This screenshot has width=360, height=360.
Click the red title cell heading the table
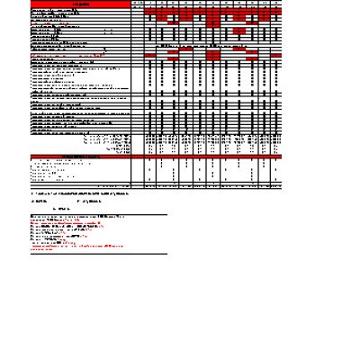(81, 4)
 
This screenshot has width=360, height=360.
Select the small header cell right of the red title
(137, 4)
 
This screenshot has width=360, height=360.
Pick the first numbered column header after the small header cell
(150, 4)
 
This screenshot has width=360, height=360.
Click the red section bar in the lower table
(81, 156)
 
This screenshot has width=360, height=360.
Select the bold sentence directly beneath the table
(80, 193)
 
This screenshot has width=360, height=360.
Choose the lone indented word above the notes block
(62, 210)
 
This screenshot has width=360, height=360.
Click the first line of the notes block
(77, 218)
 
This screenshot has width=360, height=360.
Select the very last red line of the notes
(42, 250)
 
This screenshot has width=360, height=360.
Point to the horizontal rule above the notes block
(99, 214)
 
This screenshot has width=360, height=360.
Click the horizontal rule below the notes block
(99, 254)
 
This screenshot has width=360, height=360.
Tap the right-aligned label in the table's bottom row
(121, 186)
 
